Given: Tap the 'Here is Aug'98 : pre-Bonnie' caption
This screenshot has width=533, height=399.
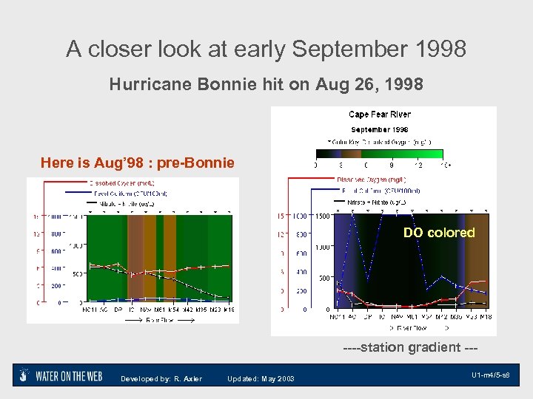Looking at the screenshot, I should pos(137,163).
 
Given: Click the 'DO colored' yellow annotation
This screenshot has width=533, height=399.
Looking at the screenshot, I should pos(439,233).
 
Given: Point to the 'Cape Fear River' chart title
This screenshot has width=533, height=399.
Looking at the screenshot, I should pos(380,115).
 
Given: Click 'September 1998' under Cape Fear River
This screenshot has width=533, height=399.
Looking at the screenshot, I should pos(380,129).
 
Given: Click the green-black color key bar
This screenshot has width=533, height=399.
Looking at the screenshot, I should pos(379,154).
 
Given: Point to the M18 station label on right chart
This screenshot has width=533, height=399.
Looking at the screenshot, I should pos(484,317).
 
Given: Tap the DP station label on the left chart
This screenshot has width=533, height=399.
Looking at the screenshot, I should pos(118,310).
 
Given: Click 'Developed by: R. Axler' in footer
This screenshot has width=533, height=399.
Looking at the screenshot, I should pos(161,379).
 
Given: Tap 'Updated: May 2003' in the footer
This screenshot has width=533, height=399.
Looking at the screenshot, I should pos(261,379).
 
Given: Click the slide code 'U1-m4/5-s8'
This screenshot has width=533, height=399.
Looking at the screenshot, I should pos(490,376).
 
